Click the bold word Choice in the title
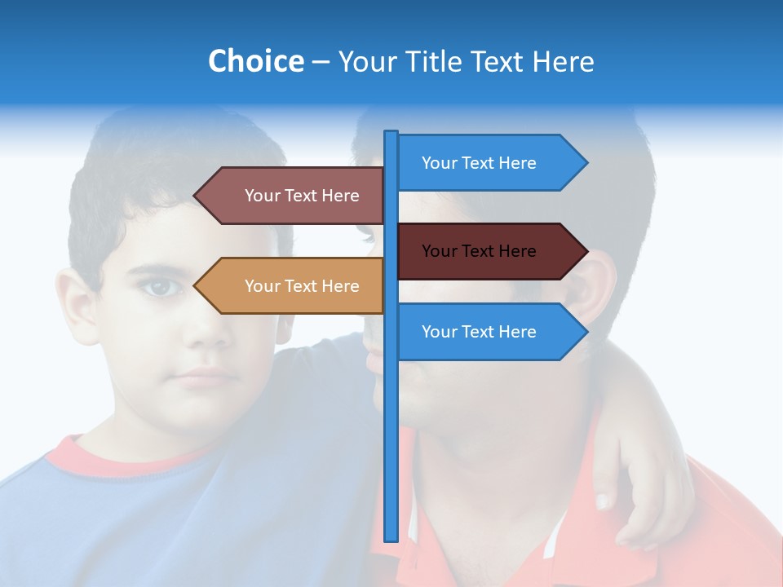pos(255,61)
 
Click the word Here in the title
pos(563,62)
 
